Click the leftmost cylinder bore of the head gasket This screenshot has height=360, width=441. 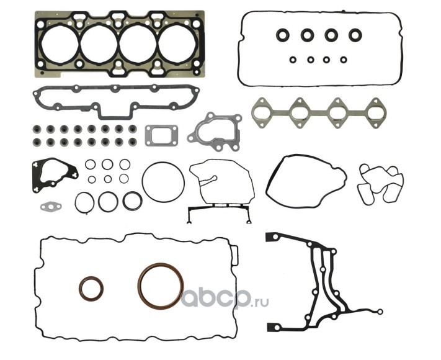(x=60, y=44)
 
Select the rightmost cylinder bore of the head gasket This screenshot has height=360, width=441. (x=177, y=44)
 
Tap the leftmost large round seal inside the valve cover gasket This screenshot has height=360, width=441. (x=283, y=35)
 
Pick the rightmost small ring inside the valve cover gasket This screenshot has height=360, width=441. (x=343, y=60)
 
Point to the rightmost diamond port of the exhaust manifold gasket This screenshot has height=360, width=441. (x=374, y=112)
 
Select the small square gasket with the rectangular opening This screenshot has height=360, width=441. (x=161, y=135)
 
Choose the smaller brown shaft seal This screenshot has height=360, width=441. (x=91, y=289)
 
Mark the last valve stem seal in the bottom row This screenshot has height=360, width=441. (x=133, y=142)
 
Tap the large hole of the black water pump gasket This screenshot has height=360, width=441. (x=54, y=173)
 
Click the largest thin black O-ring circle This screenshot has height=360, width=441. (x=163, y=182)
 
